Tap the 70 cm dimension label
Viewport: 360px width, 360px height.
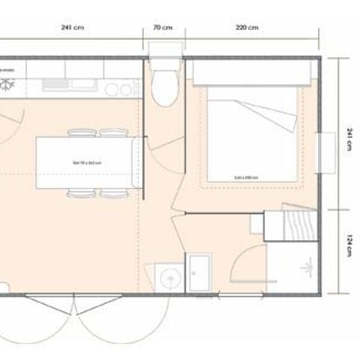point(163,28)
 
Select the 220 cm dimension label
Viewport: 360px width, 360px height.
point(247,28)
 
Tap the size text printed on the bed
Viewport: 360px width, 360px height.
point(246,177)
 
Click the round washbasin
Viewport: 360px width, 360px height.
point(170,277)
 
